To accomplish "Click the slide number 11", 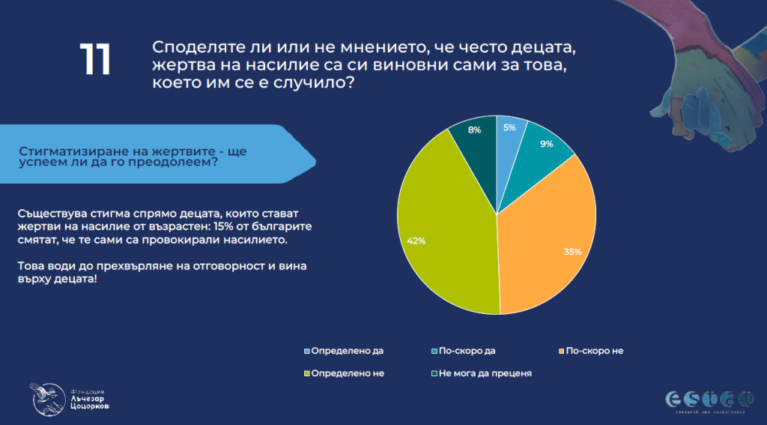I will (x=95, y=60).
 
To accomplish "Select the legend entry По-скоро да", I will (x=469, y=351).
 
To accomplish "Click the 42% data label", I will (x=416, y=241).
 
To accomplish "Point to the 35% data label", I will (x=573, y=252).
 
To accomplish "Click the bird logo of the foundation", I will (x=44, y=396).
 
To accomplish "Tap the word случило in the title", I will (x=317, y=85).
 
